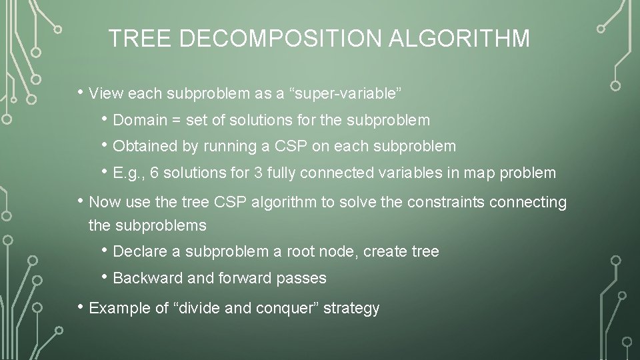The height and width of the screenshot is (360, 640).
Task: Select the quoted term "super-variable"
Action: (345, 92)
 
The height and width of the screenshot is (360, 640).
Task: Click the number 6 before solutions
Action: (154, 173)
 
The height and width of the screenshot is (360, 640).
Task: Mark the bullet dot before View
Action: (80, 91)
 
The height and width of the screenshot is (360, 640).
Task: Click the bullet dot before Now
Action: (80, 201)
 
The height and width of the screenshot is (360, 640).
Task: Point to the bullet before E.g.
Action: (105, 172)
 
